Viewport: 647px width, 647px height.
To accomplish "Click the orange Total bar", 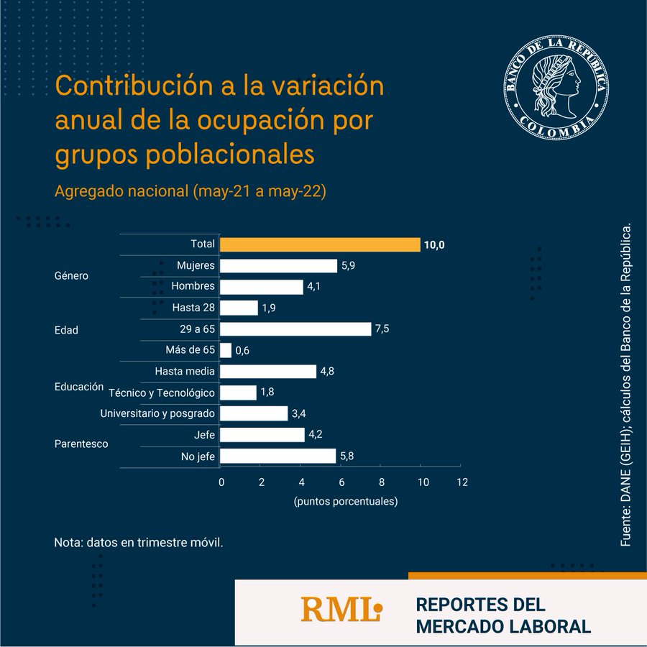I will point(320,244).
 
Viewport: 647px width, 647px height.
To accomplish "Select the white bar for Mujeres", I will point(278,266).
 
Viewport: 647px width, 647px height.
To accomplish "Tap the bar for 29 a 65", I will point(295,329).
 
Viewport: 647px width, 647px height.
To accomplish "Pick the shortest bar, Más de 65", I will point(226,350).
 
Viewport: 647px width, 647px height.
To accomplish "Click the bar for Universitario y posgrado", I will point(254,413).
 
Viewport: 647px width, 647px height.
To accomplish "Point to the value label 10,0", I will point(434,245).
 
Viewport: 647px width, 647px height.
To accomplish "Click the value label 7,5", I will point(382,329).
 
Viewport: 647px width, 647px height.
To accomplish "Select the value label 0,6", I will point(242,351).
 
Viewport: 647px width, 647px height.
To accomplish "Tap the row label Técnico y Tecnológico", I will point(162,393).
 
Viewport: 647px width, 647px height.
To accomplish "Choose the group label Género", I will point(71,276).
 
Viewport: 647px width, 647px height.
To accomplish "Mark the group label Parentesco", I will point(81,444).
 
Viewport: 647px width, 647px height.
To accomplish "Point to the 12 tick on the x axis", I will point(462,482).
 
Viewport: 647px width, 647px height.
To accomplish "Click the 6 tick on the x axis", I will point(341,482).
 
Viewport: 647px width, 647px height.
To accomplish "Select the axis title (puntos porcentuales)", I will point(345,502).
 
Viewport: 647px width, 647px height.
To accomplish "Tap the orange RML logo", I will point(341,610).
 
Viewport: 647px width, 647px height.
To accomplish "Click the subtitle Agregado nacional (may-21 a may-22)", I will point(191,192).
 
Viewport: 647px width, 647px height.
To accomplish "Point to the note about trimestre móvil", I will point(139,541).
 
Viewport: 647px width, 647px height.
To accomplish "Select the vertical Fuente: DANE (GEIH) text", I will point(625,385).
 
